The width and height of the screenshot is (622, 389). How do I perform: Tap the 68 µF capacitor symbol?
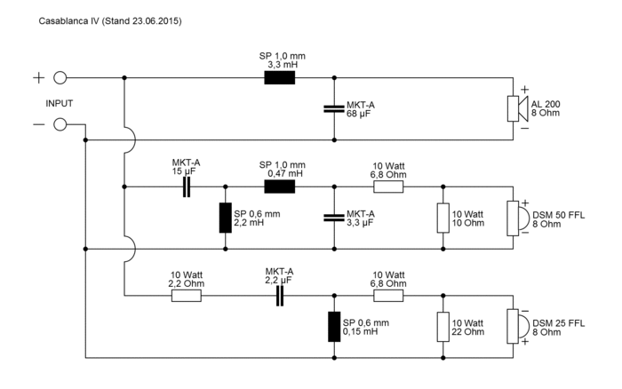click(333, 109)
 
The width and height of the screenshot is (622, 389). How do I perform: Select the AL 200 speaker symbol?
click(513, 109)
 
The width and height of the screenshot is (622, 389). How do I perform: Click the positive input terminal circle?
click(61, 78)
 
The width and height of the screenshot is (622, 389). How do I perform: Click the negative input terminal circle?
click(61, 123)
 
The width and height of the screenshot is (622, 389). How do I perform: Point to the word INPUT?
click(60, 103)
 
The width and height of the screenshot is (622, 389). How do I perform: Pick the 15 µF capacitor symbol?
click(187, 187)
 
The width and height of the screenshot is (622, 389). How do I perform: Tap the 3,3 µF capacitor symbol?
click(333, 218)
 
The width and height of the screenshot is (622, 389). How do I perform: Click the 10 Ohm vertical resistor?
click(442, 218)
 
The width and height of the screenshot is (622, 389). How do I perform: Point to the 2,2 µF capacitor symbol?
click(279, 295)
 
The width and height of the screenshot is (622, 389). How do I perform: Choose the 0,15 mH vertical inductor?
click(333, 326)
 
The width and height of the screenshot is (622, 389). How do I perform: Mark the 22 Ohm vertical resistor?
click(442, 326)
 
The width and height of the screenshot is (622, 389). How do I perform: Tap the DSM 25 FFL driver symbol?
click(513, 326)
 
